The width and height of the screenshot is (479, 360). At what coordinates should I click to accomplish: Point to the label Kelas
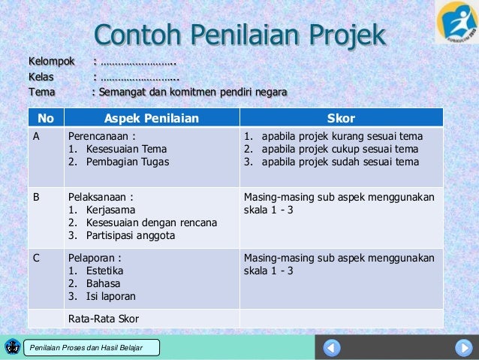(41, 77)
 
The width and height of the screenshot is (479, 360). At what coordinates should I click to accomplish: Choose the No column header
(45, 118)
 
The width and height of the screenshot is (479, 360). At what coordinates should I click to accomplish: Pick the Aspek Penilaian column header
(151, 118)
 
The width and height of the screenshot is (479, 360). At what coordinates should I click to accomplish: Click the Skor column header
(342, 118)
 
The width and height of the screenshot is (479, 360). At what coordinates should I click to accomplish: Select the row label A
(35, 137)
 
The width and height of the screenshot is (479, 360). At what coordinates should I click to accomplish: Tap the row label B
(35, 198)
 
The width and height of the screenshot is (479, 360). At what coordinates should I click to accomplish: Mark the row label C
(35, 259)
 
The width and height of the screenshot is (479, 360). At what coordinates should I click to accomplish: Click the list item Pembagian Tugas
(125, 161)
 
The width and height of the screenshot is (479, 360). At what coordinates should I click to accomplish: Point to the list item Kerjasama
(110, 210)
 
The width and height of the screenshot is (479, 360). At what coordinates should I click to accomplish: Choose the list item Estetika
(105, 271)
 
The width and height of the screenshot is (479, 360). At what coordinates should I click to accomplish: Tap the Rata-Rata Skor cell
(104, 319)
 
